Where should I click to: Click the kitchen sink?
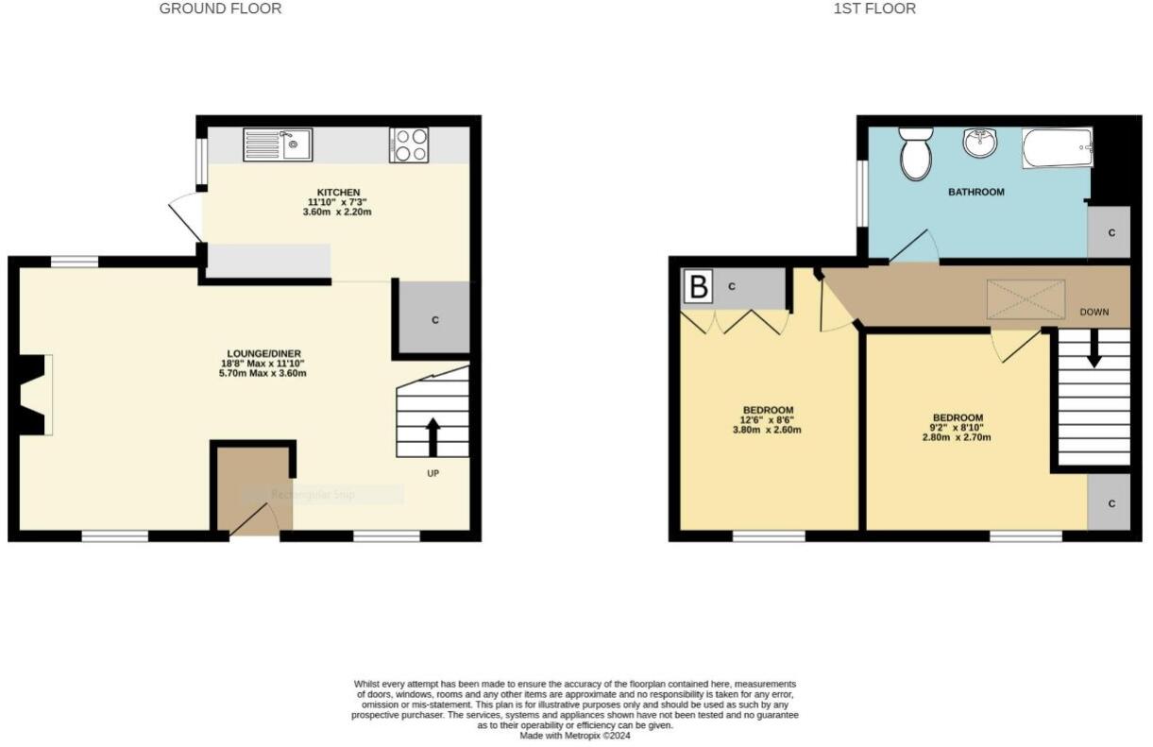coord(278,144)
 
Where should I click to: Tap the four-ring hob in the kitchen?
coord(408,144)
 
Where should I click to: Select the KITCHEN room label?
coord(337,193)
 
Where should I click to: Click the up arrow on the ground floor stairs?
coord(432,436)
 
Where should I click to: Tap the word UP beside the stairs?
coord(432,472)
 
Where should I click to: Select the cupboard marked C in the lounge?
coord(434,319)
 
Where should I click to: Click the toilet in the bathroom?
coord(915,154)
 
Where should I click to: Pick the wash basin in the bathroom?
coord(980,144)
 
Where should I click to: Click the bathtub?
coord(1057,148)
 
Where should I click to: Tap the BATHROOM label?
coord(975,192)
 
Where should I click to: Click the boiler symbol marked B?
coord(698,287)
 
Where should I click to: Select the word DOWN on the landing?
coord(1094,312)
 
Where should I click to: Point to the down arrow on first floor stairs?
coord(1094,351)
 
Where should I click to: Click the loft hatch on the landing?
coord(1026,298)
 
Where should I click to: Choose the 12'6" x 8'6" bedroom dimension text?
coord(768,420)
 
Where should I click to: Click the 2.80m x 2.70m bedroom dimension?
coord(958,437)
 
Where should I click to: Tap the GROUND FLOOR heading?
coord(220,8)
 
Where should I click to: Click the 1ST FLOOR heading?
coord(874,8)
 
